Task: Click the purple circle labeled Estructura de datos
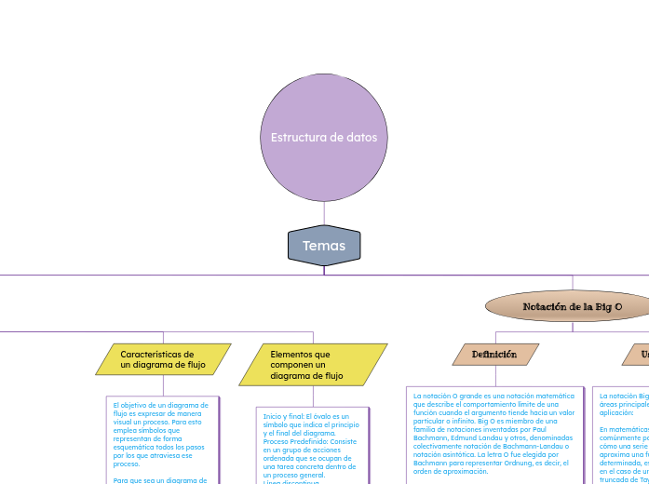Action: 324,137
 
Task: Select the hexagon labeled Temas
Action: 324,246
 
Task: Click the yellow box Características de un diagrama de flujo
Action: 163,359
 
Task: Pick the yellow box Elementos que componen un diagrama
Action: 313,365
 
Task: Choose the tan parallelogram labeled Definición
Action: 494,355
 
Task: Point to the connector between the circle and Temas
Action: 324,213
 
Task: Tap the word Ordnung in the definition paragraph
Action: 527,463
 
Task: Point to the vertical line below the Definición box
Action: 494,376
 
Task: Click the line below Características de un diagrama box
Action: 164,384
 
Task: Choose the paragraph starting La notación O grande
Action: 494,433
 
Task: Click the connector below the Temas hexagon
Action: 324,270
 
